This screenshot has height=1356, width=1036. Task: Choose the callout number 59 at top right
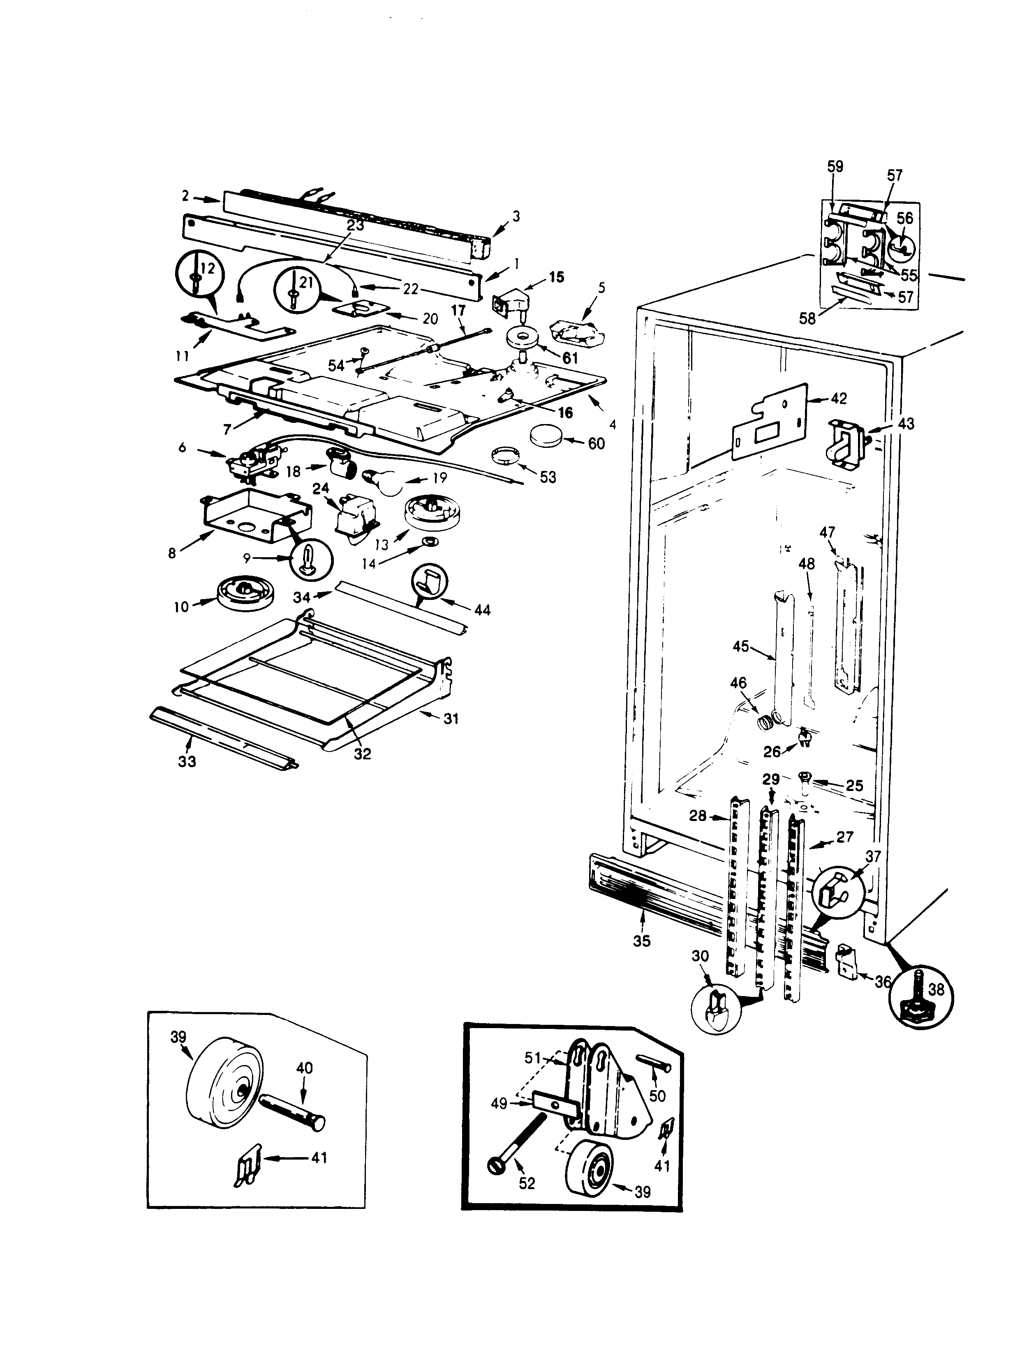835,166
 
